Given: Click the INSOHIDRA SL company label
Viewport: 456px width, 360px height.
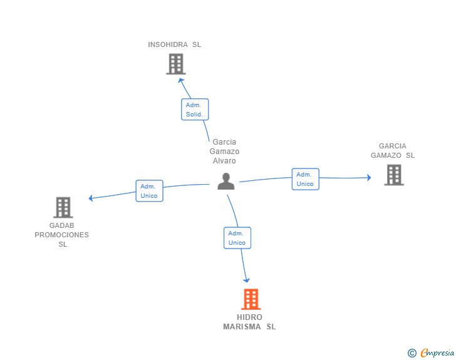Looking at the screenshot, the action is click(174, 44).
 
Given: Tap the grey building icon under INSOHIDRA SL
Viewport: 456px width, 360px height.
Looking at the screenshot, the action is click(176, 64).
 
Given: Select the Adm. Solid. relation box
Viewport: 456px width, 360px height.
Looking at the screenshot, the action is click(195, 110).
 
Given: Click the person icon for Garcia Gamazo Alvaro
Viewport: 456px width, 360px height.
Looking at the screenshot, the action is click(226, 182).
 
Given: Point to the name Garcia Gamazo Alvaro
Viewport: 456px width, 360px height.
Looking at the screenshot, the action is click(224, 152).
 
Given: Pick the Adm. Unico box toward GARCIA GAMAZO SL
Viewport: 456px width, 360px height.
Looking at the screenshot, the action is click(306, 179).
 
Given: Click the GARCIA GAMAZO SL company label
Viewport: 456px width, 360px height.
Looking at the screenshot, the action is click(393, 151).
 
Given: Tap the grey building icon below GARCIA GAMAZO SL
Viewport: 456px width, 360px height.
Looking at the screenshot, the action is click(394, 175).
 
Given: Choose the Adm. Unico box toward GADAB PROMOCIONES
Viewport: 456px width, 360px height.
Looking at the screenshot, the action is click(149, 191).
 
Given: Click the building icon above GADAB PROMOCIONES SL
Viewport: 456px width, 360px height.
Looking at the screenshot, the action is click(63, 208).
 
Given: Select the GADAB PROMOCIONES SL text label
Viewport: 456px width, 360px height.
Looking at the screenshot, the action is click(61, 235).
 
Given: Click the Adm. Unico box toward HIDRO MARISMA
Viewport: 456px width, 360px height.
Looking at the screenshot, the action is click(237, 238).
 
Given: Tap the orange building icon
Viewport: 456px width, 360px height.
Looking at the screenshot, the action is click(251, 299).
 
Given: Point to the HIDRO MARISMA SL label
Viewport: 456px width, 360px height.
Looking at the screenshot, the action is click(249, 322).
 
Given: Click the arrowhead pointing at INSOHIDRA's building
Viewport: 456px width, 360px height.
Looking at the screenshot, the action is click(180, 80).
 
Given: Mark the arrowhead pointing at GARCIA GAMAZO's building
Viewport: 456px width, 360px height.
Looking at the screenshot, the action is click(369, 177).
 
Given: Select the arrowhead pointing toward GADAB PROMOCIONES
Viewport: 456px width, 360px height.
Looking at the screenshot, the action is click(91, 198).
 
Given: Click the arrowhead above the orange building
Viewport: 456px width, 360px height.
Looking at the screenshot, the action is click(246, 280).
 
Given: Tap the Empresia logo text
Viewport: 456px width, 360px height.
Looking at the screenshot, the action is click(437, 352).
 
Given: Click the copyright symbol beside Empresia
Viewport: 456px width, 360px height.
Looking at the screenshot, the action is click(412, 353).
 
